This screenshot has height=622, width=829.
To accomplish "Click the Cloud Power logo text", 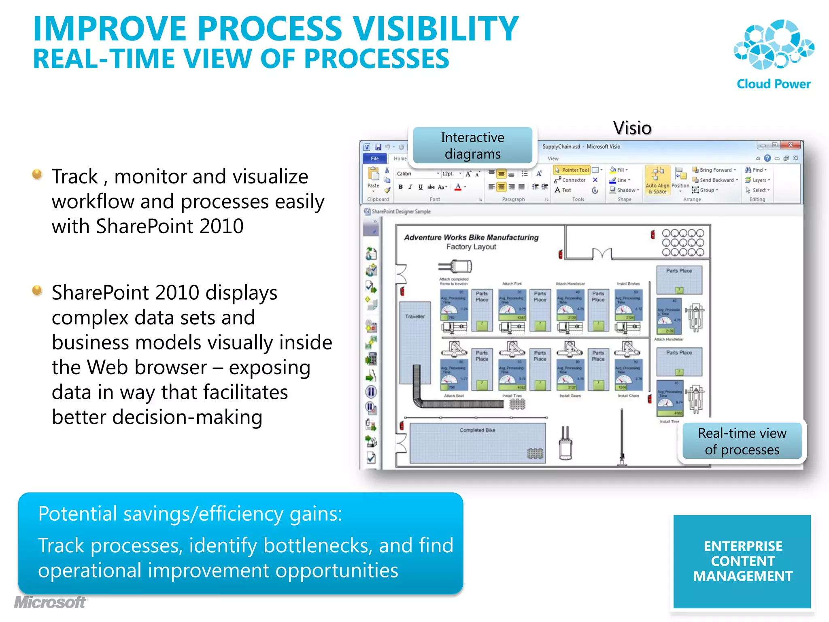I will tap(773, 84).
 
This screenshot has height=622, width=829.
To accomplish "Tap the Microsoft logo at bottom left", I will tap(51, 602).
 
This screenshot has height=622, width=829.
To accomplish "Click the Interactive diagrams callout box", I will tap(472, 146).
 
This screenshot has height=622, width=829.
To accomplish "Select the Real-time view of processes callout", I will tap(742, 441).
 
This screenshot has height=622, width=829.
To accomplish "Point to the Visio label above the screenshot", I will tap(632, 128).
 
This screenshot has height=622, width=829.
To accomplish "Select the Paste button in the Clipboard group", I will tap(373, 179).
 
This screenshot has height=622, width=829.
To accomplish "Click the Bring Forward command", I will tap(714, 170).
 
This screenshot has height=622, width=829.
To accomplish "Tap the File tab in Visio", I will tap(374, 158).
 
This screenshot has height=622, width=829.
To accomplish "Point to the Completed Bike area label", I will tap(477, 430).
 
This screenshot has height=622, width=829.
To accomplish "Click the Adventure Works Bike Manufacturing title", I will tap(471, 237).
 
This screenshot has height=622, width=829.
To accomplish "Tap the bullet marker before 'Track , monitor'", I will tap(37, 175).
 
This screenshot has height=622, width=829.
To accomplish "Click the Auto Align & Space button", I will tap(657, 181).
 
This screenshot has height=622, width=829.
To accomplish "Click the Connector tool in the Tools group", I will tap(570, 180).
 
